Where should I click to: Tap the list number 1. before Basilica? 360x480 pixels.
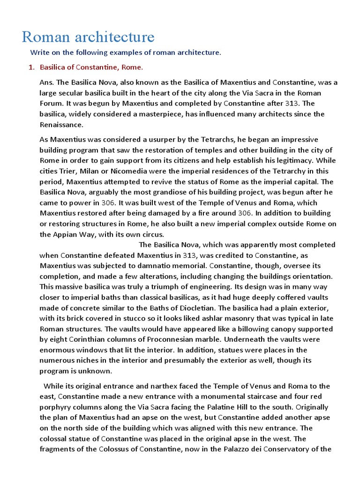(x=31, y=67)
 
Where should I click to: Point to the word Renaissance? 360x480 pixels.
(x=61, y=125)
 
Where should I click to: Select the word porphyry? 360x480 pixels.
(x=58, y=407)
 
